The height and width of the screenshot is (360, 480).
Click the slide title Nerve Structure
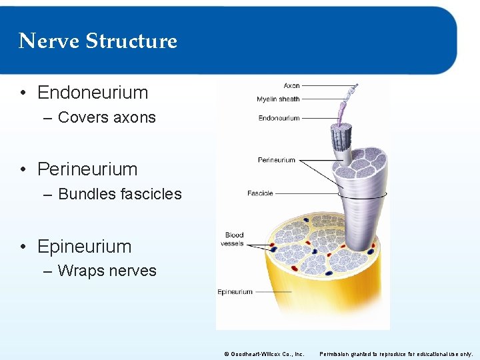(x=98, y=41)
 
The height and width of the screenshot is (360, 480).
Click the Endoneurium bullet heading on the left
(x=93, y=93)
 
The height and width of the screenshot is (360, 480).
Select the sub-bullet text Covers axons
(x=107, y=117)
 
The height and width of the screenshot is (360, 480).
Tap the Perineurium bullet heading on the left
(x=87, y=169)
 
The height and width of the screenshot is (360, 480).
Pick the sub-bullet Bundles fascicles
(x=120, y=194)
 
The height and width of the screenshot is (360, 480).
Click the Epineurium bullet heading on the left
(x=85, y=246)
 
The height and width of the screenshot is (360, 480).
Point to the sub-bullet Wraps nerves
(x=107, y=271)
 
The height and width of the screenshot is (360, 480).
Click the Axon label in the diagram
(x=291, y=86)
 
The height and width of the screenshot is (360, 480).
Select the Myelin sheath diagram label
(x=278, y=99)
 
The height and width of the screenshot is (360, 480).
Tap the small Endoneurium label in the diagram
(x=279, y=119)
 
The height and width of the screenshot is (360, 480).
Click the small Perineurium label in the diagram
(x=276, y=160)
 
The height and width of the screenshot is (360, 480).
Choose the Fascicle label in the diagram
(x=260, y=193)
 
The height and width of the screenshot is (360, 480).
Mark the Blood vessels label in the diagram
(x=234, y=239)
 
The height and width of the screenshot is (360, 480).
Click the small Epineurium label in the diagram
(x=235, y=292)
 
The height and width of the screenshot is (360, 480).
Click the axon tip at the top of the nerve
(x=355, y=87)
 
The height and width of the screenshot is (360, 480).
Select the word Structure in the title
(x=131, y=41)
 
